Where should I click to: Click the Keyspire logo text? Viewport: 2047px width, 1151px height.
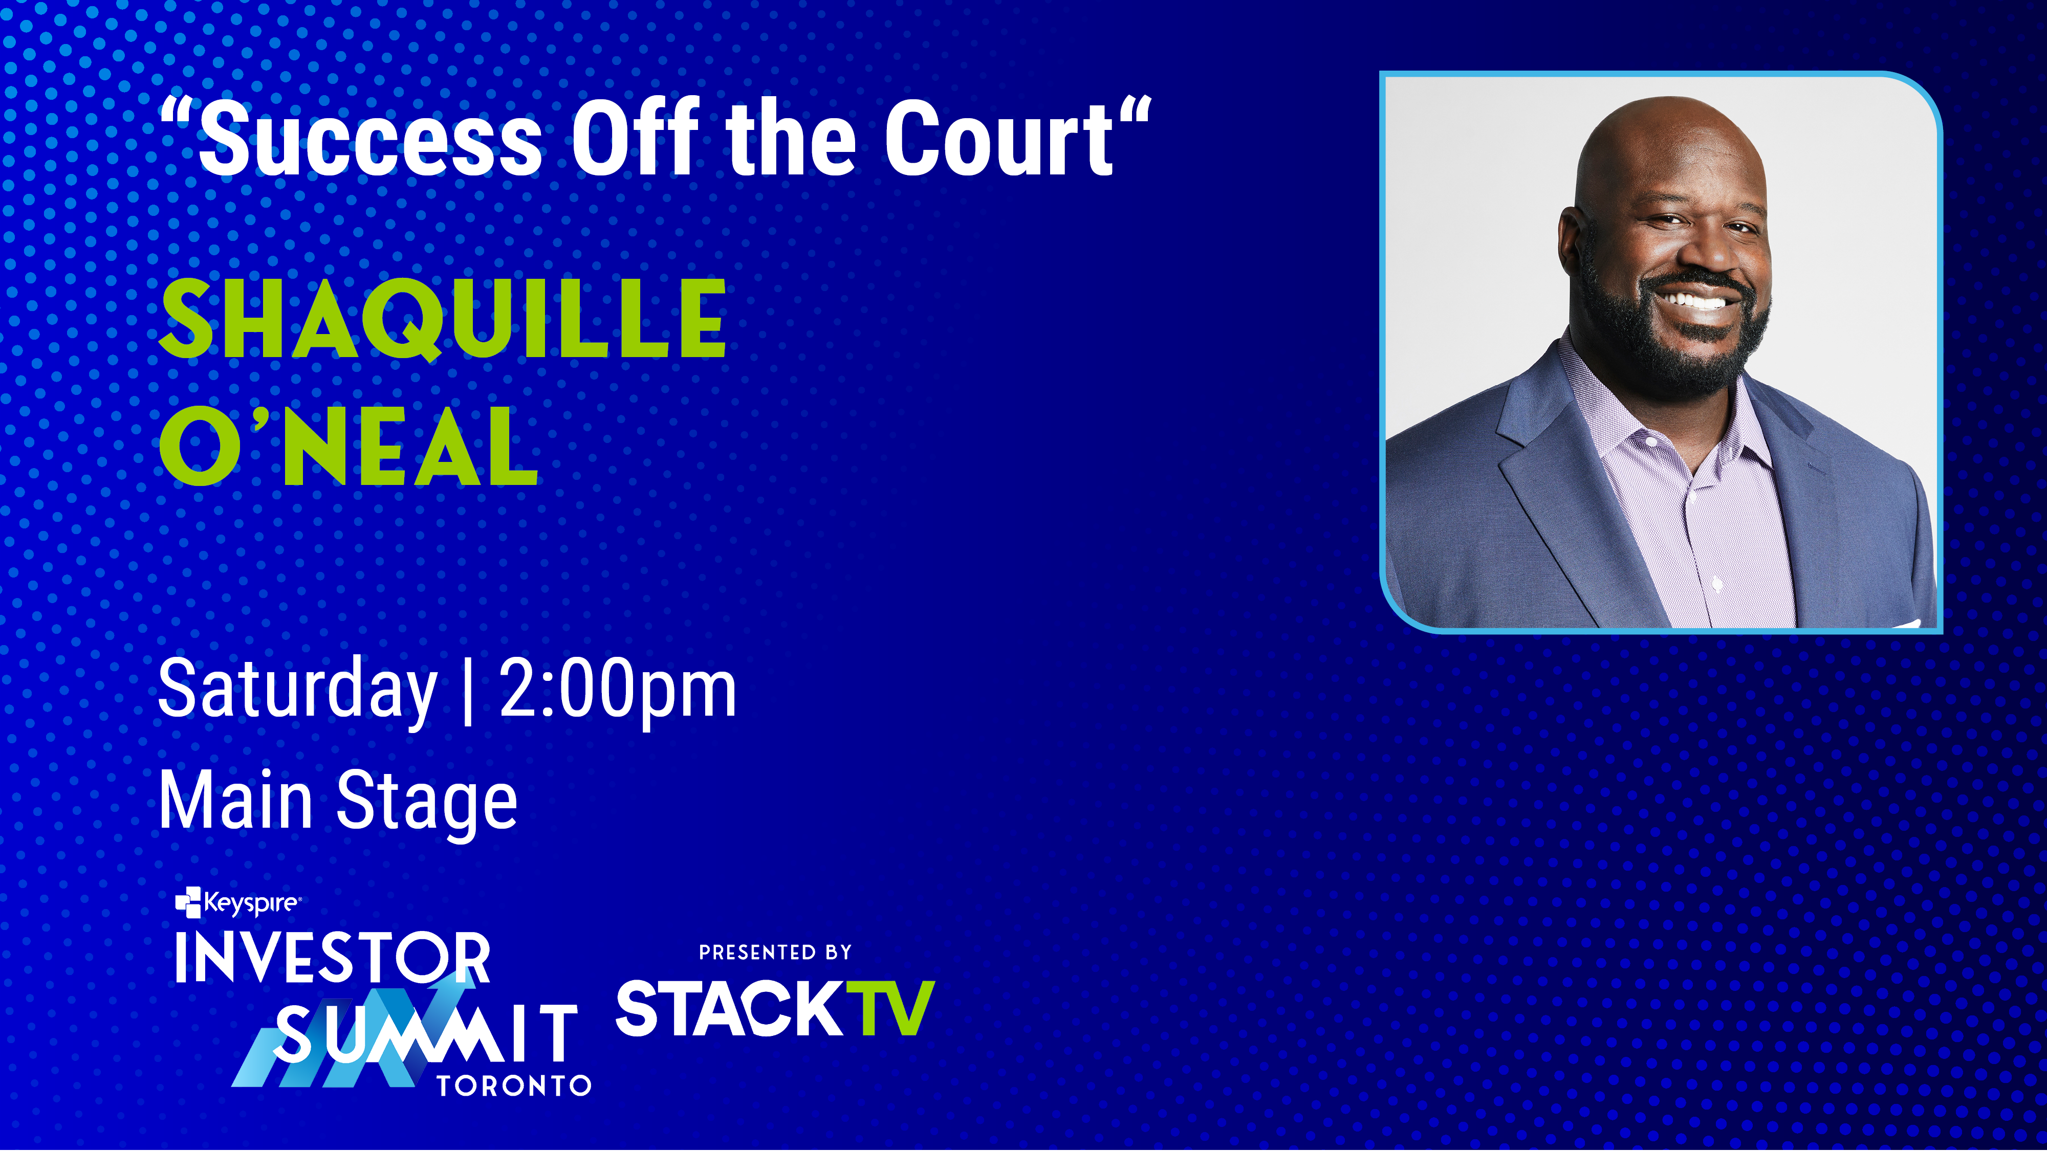251,903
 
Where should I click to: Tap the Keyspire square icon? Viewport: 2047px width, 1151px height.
188,902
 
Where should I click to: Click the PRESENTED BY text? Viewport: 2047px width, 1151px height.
775,953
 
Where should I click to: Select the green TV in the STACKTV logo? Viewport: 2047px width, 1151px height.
890,1009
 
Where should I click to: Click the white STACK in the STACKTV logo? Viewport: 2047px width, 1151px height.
729,1009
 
